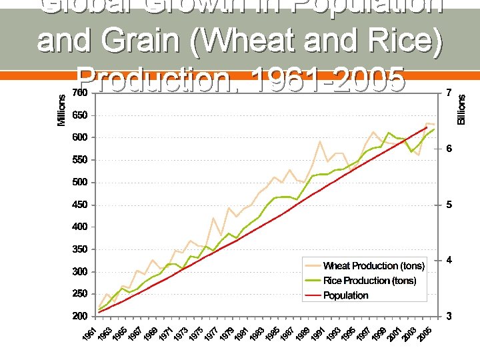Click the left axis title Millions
click(x=61, y=109)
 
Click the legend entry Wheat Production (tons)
click(x=373, y=266)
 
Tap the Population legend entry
click(x=346, y=295)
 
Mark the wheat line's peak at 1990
click(x=320, y=141)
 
